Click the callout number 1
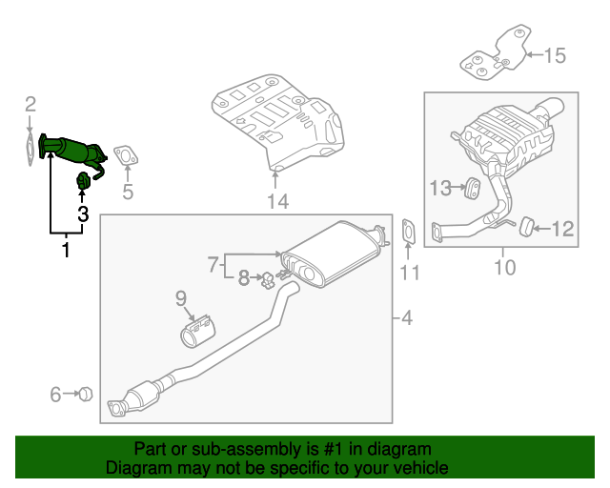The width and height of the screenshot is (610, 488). pos(66,251)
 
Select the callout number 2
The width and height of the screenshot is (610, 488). pos(30,104)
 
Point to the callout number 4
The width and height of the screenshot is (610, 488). pos(406,317)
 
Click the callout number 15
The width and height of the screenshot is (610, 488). pos(555,55)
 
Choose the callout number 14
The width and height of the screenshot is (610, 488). pos(277,201)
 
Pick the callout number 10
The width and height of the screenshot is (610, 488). pos(504,267)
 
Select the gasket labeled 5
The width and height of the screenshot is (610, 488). pos(124,154)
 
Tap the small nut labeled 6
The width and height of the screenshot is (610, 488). pos(84,393)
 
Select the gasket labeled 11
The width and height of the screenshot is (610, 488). pos(408,232)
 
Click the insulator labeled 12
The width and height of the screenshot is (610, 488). pos(522,226)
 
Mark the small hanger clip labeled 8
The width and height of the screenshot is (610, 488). pos(270,279)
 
